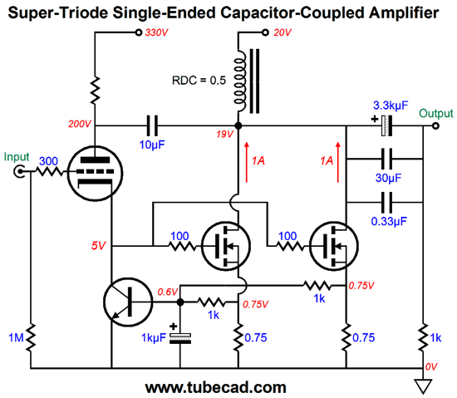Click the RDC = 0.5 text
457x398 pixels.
196,82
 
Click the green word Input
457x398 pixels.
17,156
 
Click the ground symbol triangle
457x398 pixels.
424,385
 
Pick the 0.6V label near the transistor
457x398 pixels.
166,291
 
